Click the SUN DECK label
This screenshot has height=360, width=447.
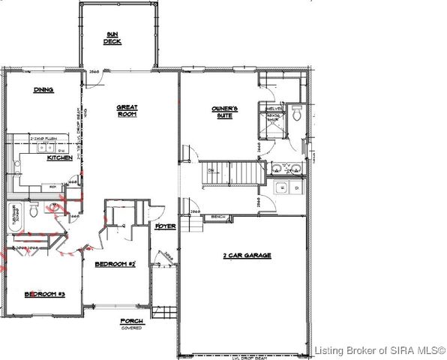click(112, 37)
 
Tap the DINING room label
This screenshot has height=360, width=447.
click(43, 90)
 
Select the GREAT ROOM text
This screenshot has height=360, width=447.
click(127, 112)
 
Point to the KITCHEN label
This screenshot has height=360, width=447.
click(59, 158)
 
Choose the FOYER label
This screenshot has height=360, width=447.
click(165, 225)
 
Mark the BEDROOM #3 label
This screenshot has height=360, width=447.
click(44, 294)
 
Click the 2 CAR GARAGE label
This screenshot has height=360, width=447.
click(247, 256)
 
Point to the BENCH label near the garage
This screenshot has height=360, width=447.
click(219, 217)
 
